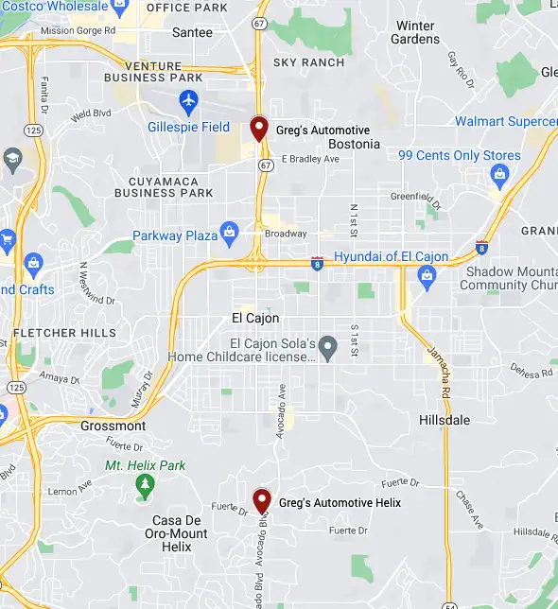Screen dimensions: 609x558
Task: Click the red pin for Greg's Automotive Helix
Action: [x=262, y=500]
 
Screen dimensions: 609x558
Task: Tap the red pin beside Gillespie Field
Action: [x=259, y=128]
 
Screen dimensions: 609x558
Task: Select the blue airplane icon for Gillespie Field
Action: [x=188, y=99]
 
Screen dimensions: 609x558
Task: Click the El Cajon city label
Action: [x=255, y=318]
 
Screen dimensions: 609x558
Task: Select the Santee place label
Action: [x=193, y=32]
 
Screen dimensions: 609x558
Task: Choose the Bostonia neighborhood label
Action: [x=354, y=144]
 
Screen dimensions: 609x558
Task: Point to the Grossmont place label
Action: [x=113, y=426]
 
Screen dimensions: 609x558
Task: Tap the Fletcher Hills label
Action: [x=65, y=333]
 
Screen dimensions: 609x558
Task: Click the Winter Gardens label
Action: [x=416, y=32]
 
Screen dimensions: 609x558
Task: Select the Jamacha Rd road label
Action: [x=443, y=369]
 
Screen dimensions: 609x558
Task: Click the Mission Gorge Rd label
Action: [x=78, y=30]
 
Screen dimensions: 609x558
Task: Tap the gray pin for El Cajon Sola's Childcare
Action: [x=327, y=347]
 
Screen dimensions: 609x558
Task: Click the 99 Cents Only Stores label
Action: [x=460, y=155]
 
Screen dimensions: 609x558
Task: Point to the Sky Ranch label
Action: [x=308, y=62]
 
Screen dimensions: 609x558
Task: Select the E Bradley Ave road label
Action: [x=310, y=159]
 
